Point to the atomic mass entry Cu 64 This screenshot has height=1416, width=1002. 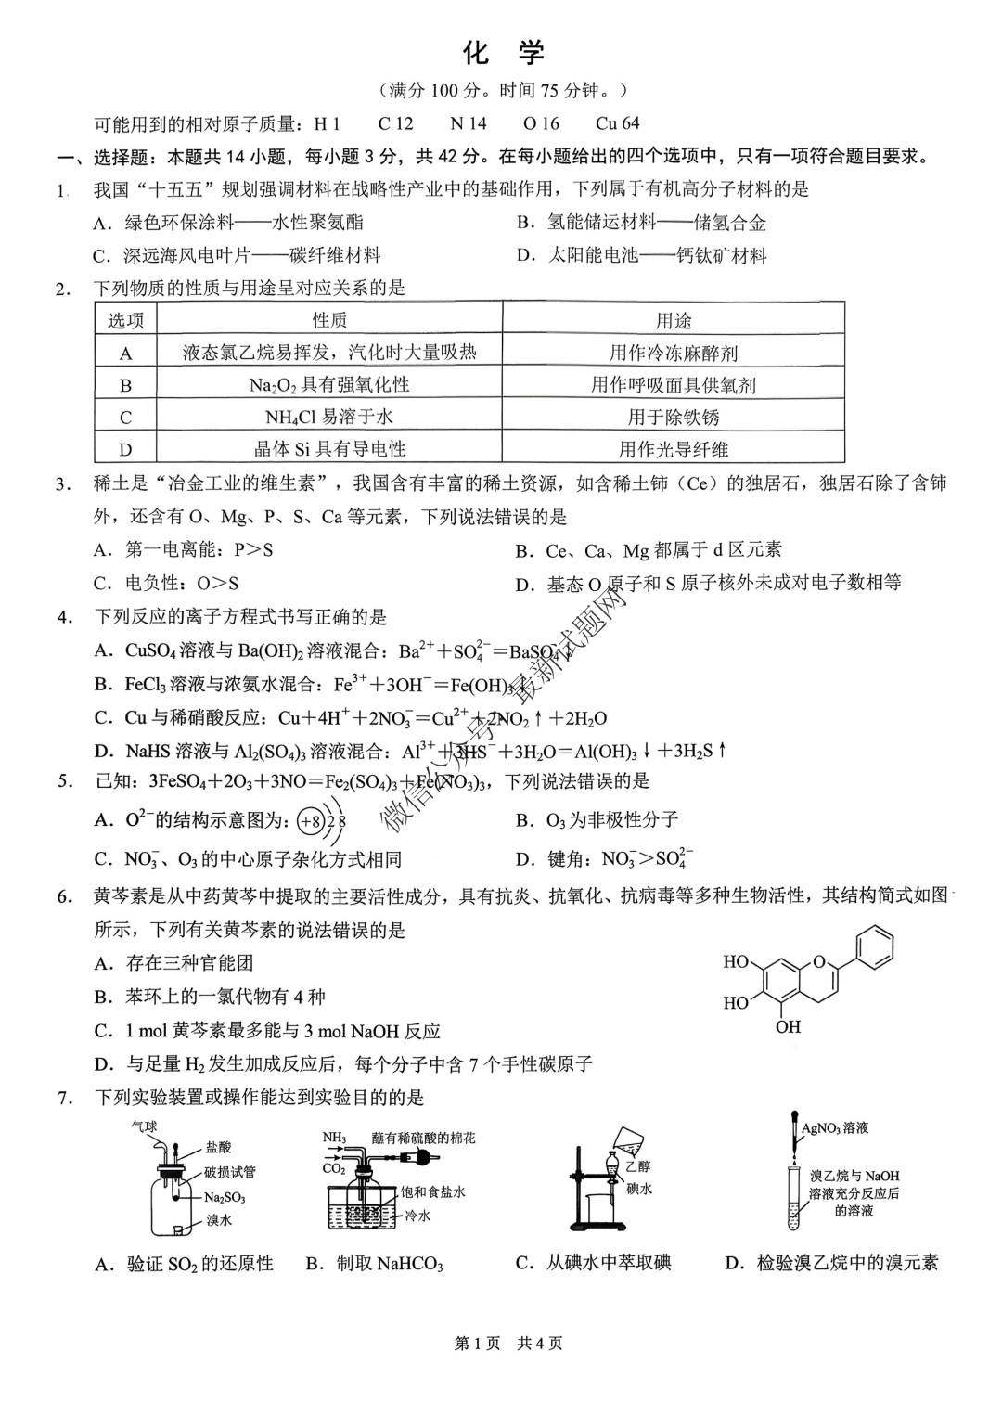coord(617,123)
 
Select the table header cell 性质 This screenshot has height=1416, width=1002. coord(329,320)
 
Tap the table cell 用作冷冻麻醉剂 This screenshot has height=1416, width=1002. coord(674,353)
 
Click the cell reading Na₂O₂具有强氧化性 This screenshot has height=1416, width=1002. coord(329,385)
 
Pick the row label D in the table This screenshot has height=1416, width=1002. coord(125,450)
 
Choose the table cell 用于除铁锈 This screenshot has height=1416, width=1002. coord(674,418)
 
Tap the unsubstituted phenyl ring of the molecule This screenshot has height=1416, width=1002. coord(876,948)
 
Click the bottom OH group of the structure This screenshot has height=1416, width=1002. coord(788,1027)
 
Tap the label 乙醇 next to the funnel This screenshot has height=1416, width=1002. coord(637,1167)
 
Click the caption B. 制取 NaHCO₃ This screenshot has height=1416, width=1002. coord(374,1264)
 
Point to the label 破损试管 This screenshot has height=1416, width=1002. coord(230,1173)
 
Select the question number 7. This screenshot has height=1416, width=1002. coord(64,1099)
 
